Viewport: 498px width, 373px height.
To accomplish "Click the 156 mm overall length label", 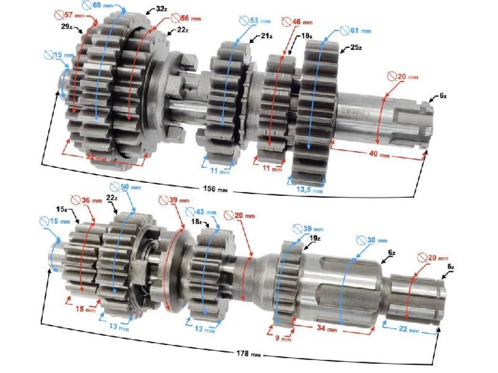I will (214, 190).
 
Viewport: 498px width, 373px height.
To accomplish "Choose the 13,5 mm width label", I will (309, 190).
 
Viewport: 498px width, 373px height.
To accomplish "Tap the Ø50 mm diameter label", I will (122, 187).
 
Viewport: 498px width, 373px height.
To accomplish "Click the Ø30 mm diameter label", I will (371, 241).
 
